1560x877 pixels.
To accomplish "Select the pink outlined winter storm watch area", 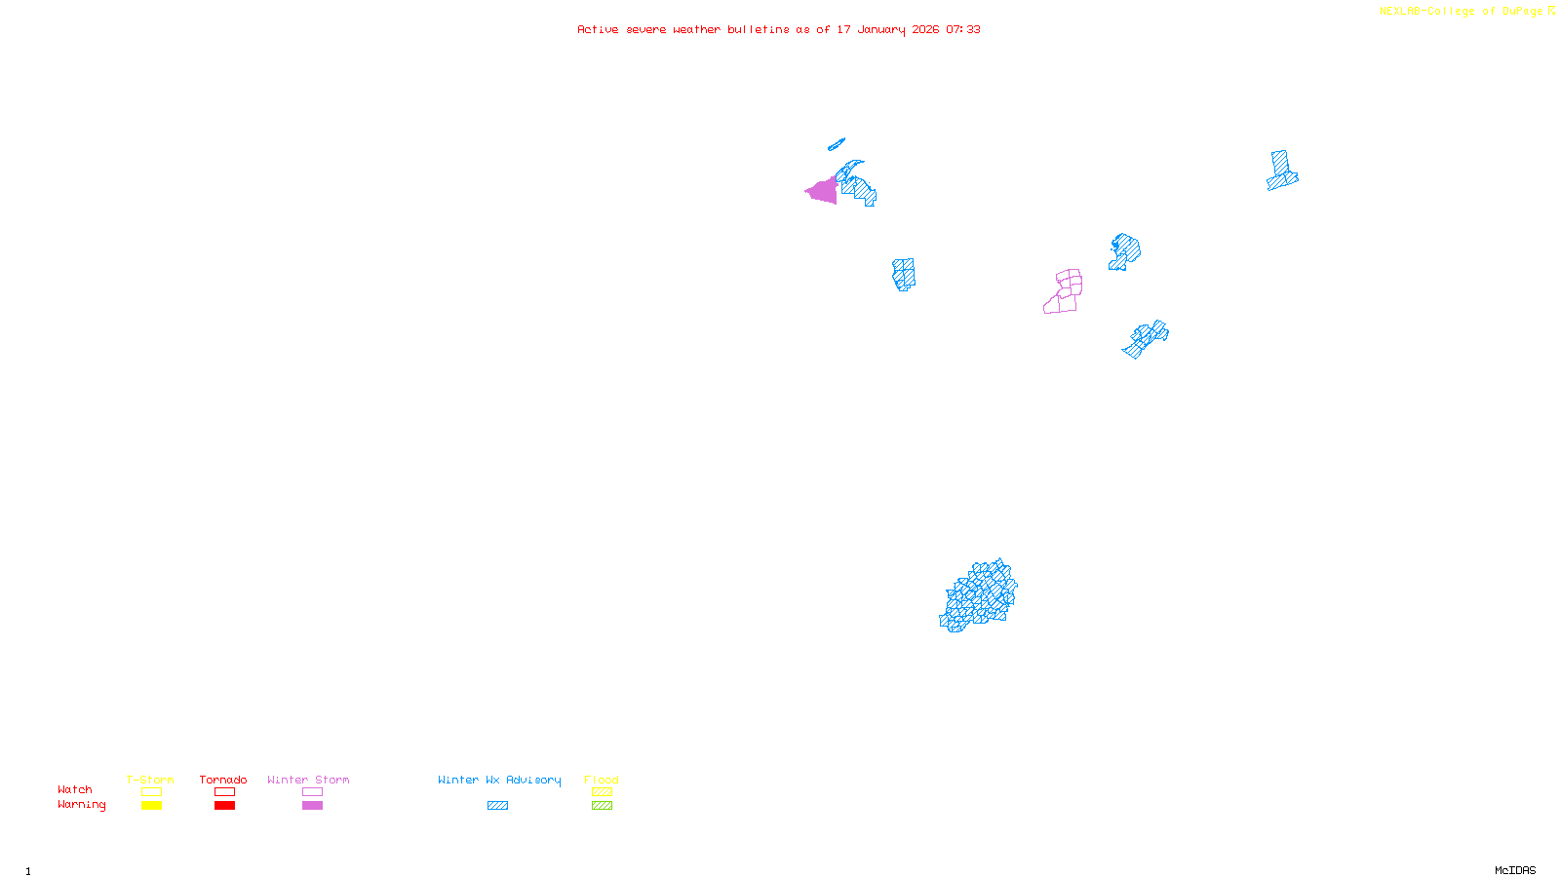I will click(x=1064, y=291).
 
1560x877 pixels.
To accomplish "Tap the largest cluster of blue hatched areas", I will click(x=979, y=596).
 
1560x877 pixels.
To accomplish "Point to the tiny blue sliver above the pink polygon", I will click(x=837, y=144).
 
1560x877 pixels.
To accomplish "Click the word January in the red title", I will click(x=881, y=29).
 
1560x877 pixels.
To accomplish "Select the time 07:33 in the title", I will click(x=963, y=29).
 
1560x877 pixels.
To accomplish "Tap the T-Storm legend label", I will click(x=150, y=780).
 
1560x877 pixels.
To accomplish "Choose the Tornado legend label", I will click(x=223, y=780).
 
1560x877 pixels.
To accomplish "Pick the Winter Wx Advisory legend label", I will click(x=499, y=780).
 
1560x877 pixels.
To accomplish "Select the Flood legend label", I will click(x=602, y=780).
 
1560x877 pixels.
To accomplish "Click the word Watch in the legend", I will click(x=75, y=789).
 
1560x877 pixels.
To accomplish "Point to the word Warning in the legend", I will click(x=82, y=805).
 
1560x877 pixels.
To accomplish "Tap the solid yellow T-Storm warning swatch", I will click(x=151, y=806).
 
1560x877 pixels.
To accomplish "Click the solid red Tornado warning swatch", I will click(x=224, y=806).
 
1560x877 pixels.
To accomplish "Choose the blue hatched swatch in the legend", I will click(x=497, y=806).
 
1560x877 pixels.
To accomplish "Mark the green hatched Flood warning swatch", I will click(x=602, y=806).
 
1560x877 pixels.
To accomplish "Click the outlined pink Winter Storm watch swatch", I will click(x=312, y=792).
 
